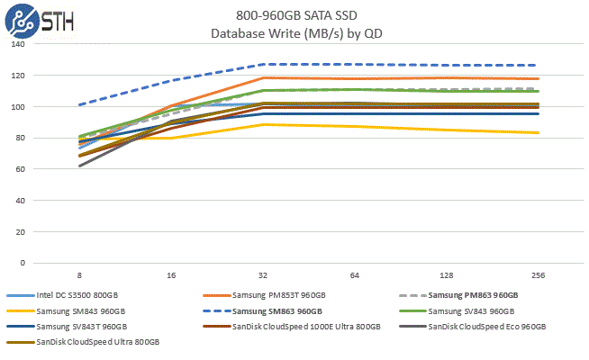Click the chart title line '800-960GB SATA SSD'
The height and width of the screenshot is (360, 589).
coord(294,15)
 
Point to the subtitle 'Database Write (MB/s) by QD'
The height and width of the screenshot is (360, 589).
coord(294,33)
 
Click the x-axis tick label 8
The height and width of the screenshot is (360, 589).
coord(79,274)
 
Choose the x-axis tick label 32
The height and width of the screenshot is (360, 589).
coord(263,274)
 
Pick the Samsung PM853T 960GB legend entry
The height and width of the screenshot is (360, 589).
coord(278,296)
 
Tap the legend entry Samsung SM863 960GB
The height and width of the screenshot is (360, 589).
coord(278,311)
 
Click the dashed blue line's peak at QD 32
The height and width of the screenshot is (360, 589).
coord(263,65)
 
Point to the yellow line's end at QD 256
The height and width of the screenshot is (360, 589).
coord(539,133)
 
